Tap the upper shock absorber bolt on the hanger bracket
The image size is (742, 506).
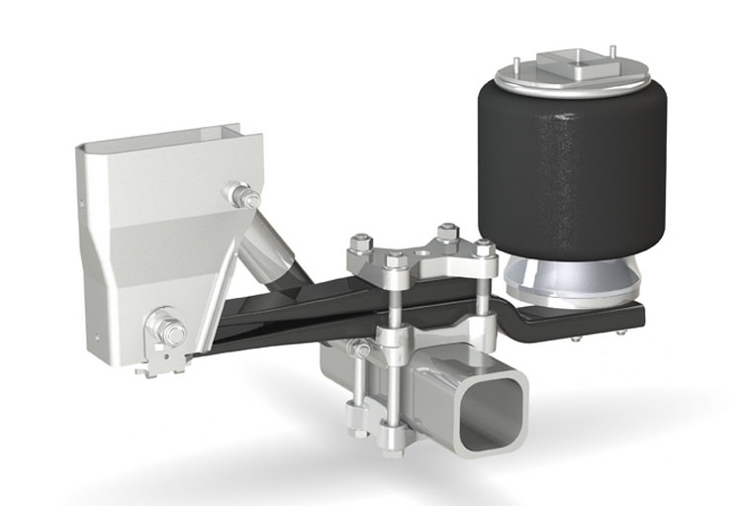[240, 193]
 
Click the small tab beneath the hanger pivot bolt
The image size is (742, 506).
[153, 367]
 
